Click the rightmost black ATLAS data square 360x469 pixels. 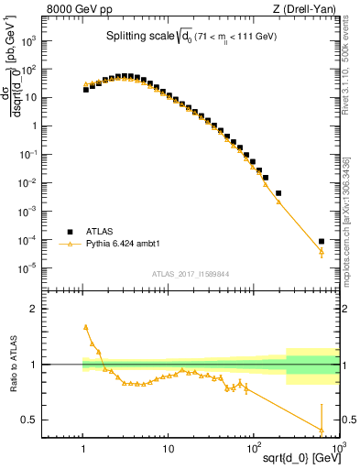pyautogui.click(x=322, y=242)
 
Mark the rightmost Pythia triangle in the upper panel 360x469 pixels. pyautogui.click(x=322, y=252)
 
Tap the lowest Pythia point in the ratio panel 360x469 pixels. pyautogui.click(x=322, y=430)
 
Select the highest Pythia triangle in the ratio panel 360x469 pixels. pyautogui.click(x=85, y=326)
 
